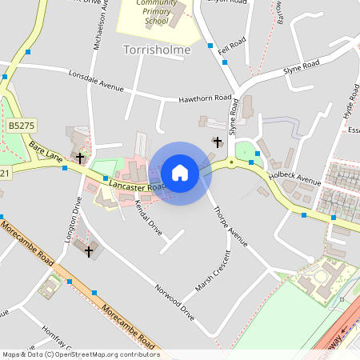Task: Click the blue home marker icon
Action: (x=180, y=173)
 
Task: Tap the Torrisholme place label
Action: (x=158, y=50)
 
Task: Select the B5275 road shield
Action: (x=22, y=126)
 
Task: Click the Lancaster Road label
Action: (x=138, y=186)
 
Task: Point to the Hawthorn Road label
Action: (x=204, y=98)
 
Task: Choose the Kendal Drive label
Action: (x=150, y=215)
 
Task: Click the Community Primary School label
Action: (x=156, y=11)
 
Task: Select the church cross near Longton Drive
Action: (x=88, y=252)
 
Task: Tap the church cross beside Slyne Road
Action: (x=217, y=142)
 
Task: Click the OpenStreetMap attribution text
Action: (x=80, y=354)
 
